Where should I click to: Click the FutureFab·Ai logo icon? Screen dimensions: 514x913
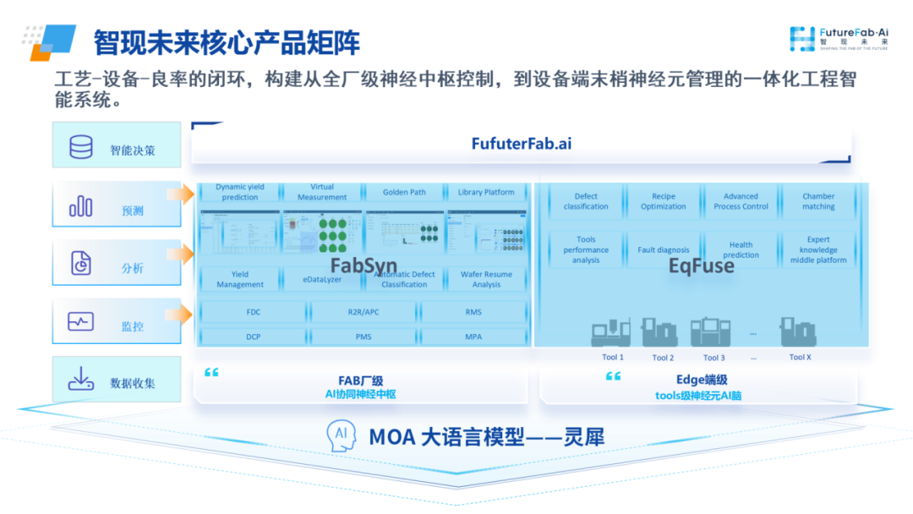click(x=802, y=37)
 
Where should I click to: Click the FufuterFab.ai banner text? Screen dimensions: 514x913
click(x=521, y=143)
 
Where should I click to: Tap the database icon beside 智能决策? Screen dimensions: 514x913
click(x=81, y=148)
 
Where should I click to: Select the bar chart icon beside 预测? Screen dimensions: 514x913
click(x=81, y=206)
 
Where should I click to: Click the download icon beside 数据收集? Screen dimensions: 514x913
click(x=81, y=380)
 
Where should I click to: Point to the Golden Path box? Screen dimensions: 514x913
click(x=404, y=192)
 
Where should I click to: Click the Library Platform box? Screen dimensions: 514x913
click(x=486, y=192)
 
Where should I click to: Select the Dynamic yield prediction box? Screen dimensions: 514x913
click(x=239, y=192)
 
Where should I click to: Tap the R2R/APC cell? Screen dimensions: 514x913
click(x=364, y=312)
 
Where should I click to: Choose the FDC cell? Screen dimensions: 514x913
click(x=254, y=312)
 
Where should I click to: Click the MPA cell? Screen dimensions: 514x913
click(x=473, y=336)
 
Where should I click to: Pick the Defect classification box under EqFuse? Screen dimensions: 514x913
click(x=586, y=201)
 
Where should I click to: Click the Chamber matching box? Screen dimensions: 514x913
click(x=817, y=201)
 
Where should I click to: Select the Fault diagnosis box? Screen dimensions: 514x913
click(x=663, y=250)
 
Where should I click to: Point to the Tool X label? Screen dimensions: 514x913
click(x=800, y=357)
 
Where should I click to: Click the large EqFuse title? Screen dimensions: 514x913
click(x=701, y=267)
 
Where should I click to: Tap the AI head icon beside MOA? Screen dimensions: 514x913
click(x=340, y=436)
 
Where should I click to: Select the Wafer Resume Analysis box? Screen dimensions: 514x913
click(x=486, y=279)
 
